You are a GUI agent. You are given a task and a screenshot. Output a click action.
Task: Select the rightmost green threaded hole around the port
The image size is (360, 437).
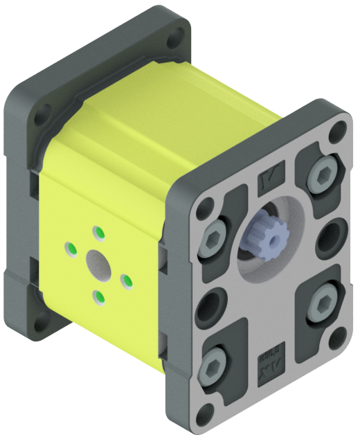point(127,280)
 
